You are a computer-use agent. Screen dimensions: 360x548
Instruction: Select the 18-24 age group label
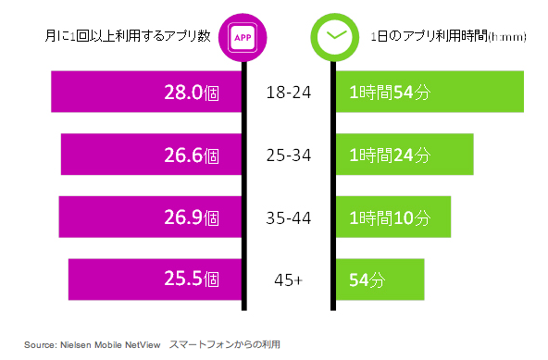click(x=287, y=93)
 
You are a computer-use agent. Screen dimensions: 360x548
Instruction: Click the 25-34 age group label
click(x=287, y=155)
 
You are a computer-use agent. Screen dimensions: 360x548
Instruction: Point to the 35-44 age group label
click(x=287, y=217)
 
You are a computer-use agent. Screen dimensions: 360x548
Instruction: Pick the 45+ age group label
click(x=287, y=279)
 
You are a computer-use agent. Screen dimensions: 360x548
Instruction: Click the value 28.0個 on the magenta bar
click(x=189, y=93)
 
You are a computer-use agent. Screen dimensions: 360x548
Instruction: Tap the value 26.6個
click(x=189, y=155)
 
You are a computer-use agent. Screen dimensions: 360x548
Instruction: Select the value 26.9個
click(x=189, y=217)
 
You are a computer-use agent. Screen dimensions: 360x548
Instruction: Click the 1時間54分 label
click(x=390, y=93)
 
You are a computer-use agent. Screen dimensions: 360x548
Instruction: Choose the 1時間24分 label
click(x=390, y=155)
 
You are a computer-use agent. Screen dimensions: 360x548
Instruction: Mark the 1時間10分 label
click(x=390, y=217)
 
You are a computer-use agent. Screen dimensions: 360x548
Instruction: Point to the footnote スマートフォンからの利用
click(x=223, y=344)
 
